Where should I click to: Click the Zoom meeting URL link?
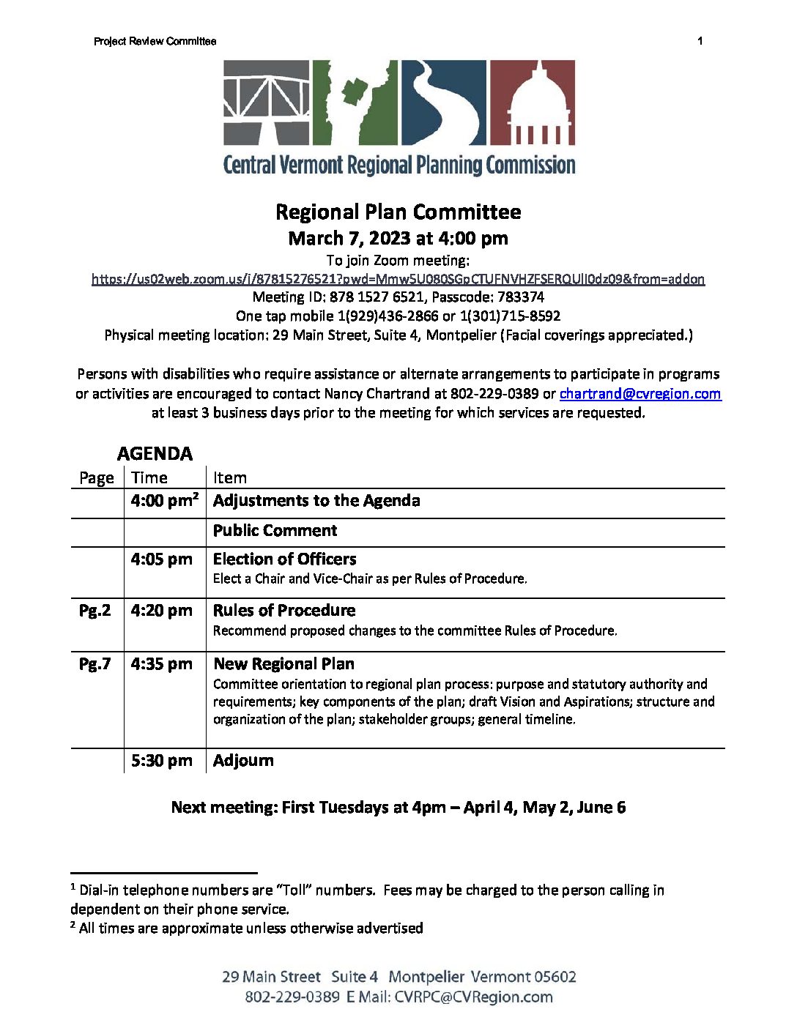pyautogui.click(x=398, y=279)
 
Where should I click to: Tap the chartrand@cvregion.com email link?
pyautogui.click(x=640, y=394)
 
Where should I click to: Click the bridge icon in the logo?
pyautogui.click(x=267, y=103)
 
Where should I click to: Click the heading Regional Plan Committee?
pyautogui.click(x=398, y=212)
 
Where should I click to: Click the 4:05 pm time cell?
pyautogui.click(x=162, y=559)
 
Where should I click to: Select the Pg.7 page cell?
pyautogui.click(x=95, y=664)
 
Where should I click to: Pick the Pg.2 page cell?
pyautogui.click(x=95, y=611)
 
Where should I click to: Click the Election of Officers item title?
pyautogui.click(x=284, y=559)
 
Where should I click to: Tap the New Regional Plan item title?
pyautogui.click(x=283, y=664)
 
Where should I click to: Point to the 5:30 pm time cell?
pyautogui.click(x=162, y=761)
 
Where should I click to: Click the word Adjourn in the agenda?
pyautogui.click(x=243, y=761)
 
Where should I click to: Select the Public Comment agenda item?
pyautogui.click(x=275, y=531)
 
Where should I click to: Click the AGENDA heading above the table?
pyautogui.click(x=155, y=454)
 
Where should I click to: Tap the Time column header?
pyautogui.click(x=149, y=478)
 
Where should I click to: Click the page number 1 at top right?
pyautogui.click(x=700, y=41)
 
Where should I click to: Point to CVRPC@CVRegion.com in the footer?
pyautogui.click(x=473, y=997)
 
